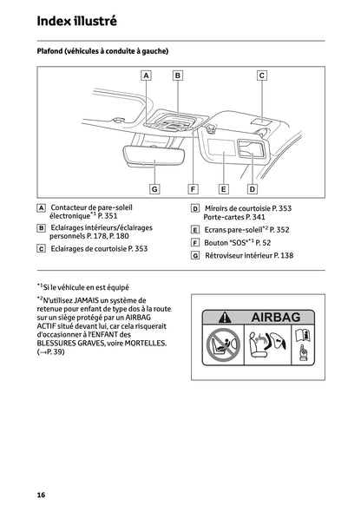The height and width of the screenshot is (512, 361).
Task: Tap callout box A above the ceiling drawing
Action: pyautogui.click(x=145, y=75)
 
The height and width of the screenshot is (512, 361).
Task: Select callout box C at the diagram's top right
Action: pyautogui.click(x=261, y=75)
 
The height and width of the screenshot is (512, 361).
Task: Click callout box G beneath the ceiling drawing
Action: pyautogui.click(x=154, y=188)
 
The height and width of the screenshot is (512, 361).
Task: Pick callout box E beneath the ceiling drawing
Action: pyautogui.click(x=222, y=188)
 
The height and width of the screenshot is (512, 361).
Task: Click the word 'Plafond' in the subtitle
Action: pyautogui.click(x=50, y=51)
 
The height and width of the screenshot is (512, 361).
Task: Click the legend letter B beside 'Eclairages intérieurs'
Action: pyautogui.click(x=42, y=227)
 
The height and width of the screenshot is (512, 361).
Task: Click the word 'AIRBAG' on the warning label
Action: pyautogui.click(x=275, y=318)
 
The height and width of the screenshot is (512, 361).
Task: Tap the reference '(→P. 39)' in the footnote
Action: pyautogui.click(x=54, y=353)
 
